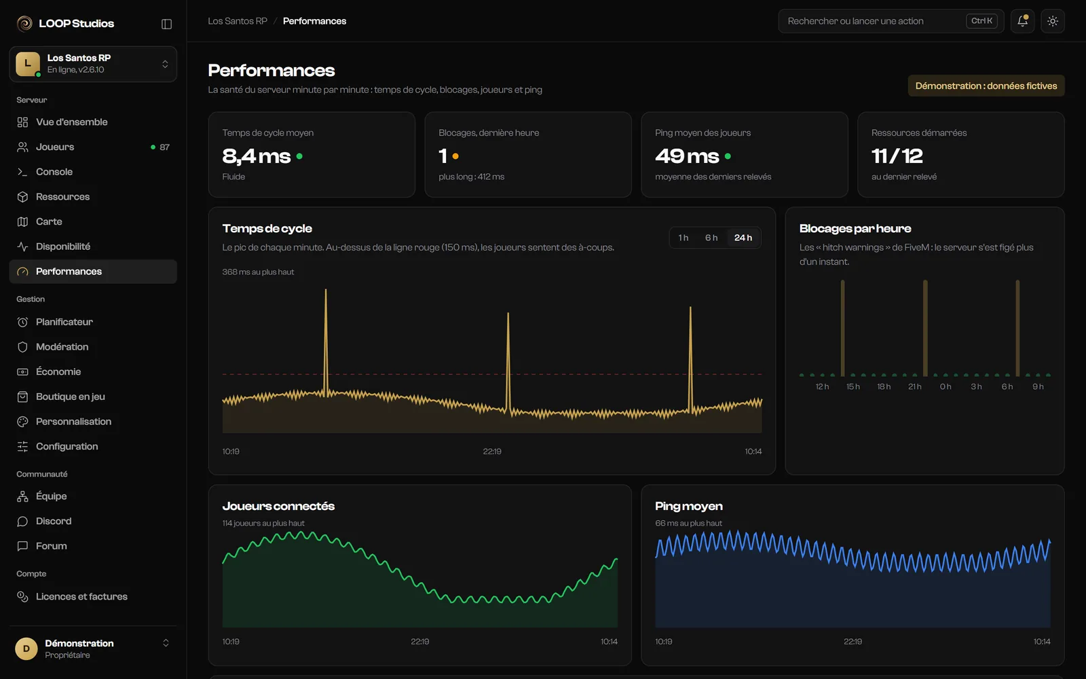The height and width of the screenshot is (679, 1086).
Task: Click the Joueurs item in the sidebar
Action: pyautogui.click(x=92, y=147)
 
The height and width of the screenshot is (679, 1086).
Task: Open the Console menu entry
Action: pyautogui.click(x=92, y=172)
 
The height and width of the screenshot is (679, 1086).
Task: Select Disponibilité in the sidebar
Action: pyautogui.click(x=92, y=246)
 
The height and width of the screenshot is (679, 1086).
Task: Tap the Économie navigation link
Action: pyautogui.click(x=92, y=371)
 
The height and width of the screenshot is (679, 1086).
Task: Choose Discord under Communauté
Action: pyautogui.click(x=92, y=521)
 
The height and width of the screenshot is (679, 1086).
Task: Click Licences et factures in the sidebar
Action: pyautogui.click(x=92, y=597)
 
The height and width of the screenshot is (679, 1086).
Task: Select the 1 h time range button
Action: pyautogui.click(x=683, y=238)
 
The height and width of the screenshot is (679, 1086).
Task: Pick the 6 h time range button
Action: pyautogui.click(x=711, y=238)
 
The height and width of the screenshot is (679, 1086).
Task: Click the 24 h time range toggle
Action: pyautogui.click(x=743, y=238)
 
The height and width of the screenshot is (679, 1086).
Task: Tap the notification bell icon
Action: pyautogui.click(x=1022, y=21)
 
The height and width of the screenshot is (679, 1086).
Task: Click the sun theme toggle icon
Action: pyautogui.click(x=1053, y=21)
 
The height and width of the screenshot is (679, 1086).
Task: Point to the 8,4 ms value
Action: pyautogui.click(x=256, y=156)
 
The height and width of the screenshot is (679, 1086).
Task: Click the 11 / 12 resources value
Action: pyautogui.click(x=897, y=156)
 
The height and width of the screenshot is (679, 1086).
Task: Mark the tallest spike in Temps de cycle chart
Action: pyautogui.click(x=326, y=290)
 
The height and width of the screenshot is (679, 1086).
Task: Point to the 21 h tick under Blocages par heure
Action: pyautogui.click(x=914, y=386)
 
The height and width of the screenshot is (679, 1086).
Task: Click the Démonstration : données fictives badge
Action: pyautogui.click(x=986, y=86)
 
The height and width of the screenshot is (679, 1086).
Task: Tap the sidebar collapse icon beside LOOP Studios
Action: pyautogui.click(x=166, y=24)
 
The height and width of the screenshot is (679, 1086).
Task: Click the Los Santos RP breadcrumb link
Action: pyautogui.click(x=238, y=21)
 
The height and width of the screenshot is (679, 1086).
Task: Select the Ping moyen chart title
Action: pyautogui.click(x=688, y=507)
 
